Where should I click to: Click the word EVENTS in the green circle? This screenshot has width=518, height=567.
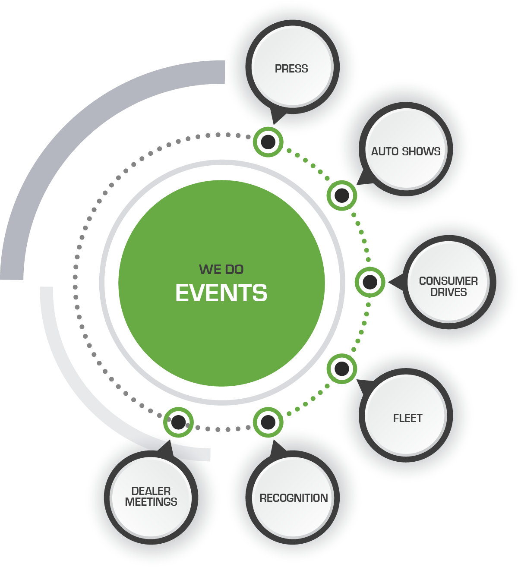221,293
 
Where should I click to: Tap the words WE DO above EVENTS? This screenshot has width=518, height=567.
221,270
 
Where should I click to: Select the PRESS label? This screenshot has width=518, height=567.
291,69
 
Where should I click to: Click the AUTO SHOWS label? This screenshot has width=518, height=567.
406,151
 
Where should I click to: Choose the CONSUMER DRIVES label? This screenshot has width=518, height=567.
449,287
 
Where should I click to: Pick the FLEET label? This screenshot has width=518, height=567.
407,418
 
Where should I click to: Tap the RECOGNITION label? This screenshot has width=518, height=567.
294,498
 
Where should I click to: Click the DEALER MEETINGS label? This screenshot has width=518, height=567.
151,497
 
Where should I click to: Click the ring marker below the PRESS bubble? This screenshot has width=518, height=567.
268,142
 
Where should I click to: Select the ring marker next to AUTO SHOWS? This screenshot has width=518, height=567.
342,195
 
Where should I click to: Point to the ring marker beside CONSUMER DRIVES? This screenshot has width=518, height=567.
370,282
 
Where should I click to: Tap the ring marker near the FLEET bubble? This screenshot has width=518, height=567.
342,369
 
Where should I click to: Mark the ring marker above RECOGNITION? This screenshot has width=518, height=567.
268,422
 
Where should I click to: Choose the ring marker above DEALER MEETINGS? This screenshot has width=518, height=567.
178,422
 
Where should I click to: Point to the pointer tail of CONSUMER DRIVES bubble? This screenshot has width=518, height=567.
395,283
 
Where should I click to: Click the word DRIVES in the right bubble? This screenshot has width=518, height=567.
449,292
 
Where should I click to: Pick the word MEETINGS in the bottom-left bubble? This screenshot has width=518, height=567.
151,502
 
